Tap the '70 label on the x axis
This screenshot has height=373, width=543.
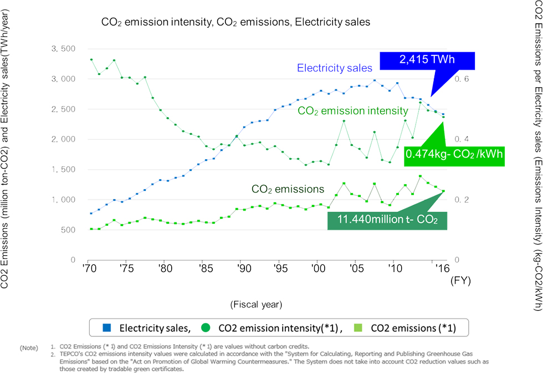coord(88,268)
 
